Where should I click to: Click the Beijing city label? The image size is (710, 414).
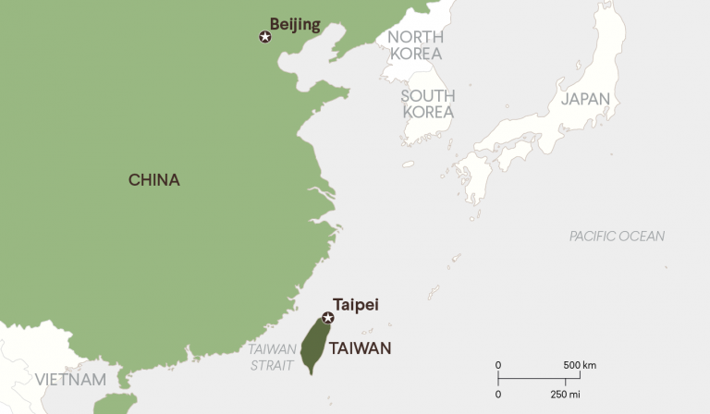[295, 25]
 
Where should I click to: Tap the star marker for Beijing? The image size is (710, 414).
[266, 37]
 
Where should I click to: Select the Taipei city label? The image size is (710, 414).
[356, 303]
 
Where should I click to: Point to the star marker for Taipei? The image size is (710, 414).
[327, 317]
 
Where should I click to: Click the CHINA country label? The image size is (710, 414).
[153, 180]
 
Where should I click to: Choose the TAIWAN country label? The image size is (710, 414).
[361, 348]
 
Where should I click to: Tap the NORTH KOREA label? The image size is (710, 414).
[416, 45]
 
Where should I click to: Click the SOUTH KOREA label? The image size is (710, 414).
[427, 104]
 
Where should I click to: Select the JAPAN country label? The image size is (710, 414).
[585, 99]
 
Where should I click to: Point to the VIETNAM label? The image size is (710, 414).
[70, 380]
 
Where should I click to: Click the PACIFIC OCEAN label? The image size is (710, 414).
[617, 237]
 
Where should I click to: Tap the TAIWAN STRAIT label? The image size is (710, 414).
[272, 358]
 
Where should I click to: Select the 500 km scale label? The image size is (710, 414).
[580, 365]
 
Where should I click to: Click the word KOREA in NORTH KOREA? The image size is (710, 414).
[416, 54]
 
